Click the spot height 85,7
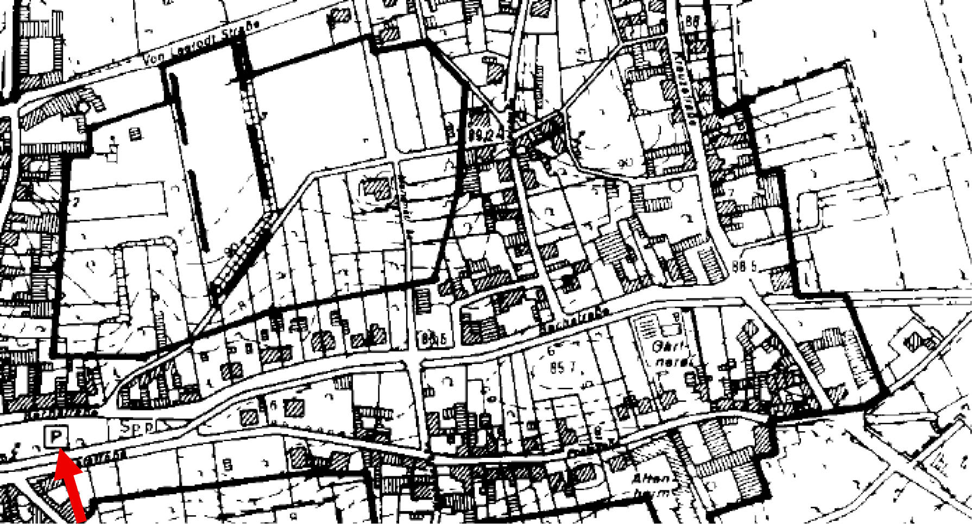pyautogui.click(x=563, y=368)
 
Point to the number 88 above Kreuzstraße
pyautogui.click(x=693, y=22)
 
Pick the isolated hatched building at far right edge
pyautogui.click(x=916, y=341)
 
